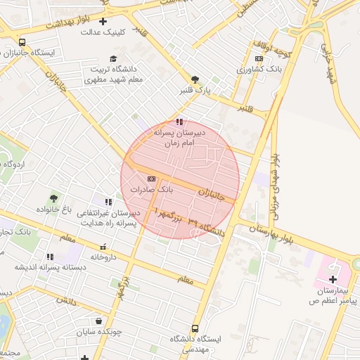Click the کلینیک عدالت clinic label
pyautogui.click(x=103, y=32)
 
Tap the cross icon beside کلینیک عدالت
pyautogui.click(x=103, y=21)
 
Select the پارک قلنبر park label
pyautogui.click(x=193, y=91)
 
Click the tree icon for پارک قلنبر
pyautogui.click(x=194, y=79)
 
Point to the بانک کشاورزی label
pyautogui.click(x=259, y=70)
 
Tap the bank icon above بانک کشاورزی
pyautogui.click(x=259, y=58)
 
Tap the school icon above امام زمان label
pyautogui.click(x=179, y=121)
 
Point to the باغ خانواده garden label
pyautogui.click(x=54, y=210)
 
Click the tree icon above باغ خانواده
pyautogui.click(x=53, y=198)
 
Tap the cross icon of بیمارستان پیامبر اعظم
pyautogui.click(x=333, y=279)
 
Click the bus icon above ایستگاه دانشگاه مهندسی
pyautogui.click(x=195, y=328)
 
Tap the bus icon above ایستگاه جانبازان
pyautogui.click(x=22, y=42)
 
